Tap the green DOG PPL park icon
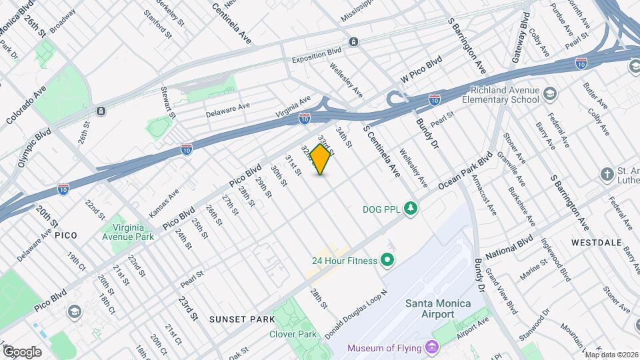coord(412,208)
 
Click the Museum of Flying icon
coord(431,347)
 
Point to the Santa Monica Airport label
coord(438,309)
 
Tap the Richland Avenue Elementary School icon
coord(549,93)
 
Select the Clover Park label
coord(293,334)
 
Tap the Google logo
coord(21,351)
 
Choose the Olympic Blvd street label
coord(35,147)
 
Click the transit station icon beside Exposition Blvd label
coord(354,41)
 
